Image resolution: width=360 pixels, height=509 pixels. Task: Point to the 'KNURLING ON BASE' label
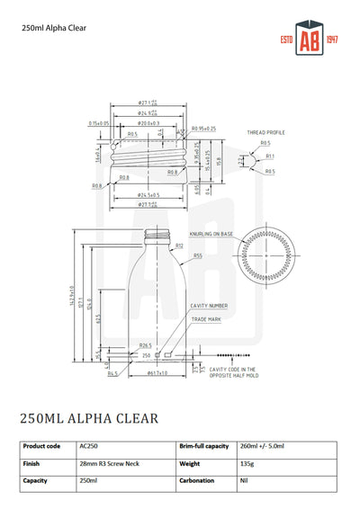pos(210,234)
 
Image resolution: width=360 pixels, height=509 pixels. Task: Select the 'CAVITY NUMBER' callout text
pos(209,306)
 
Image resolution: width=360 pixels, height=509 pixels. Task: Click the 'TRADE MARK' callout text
pos(205,319)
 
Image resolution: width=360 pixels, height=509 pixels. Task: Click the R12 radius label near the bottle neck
pos(179,245)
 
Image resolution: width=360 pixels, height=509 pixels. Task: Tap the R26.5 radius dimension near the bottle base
pos(144,345)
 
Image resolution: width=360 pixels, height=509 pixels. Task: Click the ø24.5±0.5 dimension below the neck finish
pos(149,194)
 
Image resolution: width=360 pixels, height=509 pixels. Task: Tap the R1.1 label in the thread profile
pos(270,156)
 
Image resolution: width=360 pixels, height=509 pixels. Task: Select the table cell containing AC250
pos(90,446)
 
